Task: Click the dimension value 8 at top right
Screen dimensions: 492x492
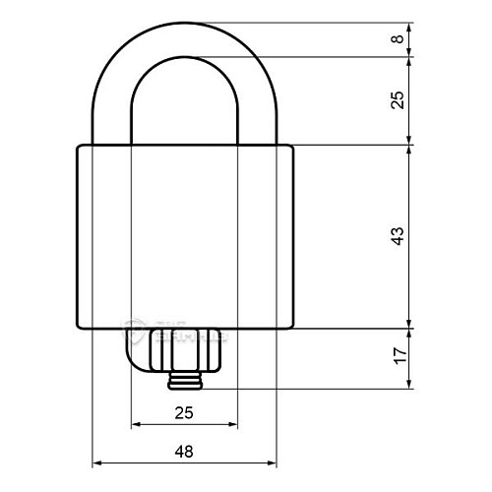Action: (397, 39)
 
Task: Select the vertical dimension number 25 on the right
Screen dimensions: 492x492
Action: (397, 100)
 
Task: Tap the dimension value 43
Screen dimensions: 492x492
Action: (397, 236)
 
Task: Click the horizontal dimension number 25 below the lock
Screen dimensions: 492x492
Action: (184, 413)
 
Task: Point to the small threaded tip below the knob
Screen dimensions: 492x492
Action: (184, 380)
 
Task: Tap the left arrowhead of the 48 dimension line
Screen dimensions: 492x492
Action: (97, 461)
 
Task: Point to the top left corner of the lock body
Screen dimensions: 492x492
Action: (79, 146)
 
